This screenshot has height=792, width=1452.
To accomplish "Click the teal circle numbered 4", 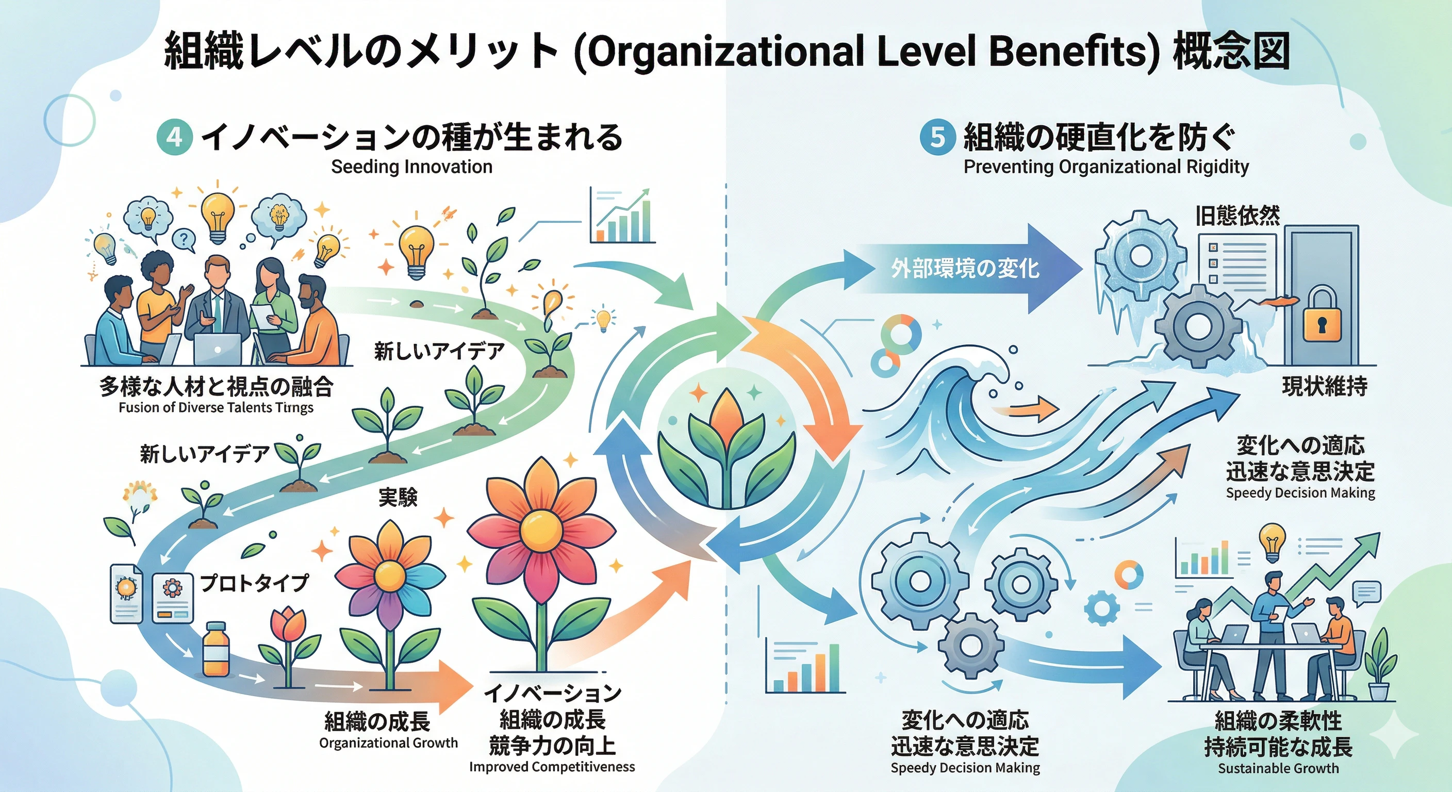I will pyautogui.click(x=174, y=138).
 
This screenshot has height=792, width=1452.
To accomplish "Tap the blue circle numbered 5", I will pyautogui.click(x=937, y=138).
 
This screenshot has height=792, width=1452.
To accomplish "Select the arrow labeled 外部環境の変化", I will pyautogui.click(x=966, y=268).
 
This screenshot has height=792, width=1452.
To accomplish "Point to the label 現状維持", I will pyautogui.click(x=1325, y=387).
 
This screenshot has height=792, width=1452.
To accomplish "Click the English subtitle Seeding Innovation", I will pyautogui.click(x=411, y=167).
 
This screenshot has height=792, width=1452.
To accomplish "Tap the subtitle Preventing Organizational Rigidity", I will pyautogui.click(x=1106, y=167).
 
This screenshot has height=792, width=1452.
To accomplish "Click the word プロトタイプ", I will pyautogui.click(x=254, y=582).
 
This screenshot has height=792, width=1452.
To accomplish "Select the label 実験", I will pyautogui.click(x=398, y=497).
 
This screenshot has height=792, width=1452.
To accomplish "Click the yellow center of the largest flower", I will pyautogui.click(x=541, y=530).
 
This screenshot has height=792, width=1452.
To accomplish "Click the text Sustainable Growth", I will pyautogui.click(x=1278, y=768).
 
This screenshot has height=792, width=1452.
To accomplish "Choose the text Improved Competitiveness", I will pyautogui.click(x=552, y=767).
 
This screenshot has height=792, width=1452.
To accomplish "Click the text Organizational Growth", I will pyautogui.click(x=388, y=743).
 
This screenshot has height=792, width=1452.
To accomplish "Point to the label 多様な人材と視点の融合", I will pyautogui.click(x=217, y=387).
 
